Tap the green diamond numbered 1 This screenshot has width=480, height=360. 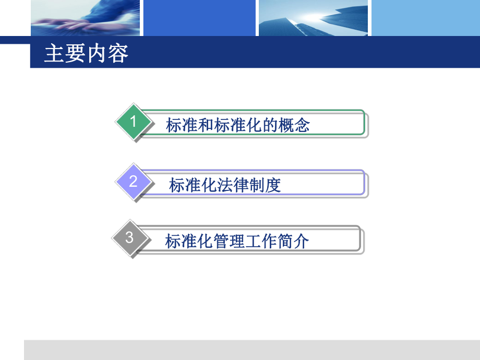[134, 123]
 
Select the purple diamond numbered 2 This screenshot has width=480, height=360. [134, 182]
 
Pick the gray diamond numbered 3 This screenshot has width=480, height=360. [130, 238]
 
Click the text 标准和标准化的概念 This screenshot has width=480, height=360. [238, 125]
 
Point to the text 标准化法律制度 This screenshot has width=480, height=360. [225, 185]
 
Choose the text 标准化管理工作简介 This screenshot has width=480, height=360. [237, 241]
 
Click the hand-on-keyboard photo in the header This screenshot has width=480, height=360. [85, 18]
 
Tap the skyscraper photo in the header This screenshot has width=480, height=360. [313, 18]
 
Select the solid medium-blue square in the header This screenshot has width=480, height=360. [199, 18]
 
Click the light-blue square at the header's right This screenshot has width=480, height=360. [425, 18]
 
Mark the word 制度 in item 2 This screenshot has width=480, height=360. [266, 185]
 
